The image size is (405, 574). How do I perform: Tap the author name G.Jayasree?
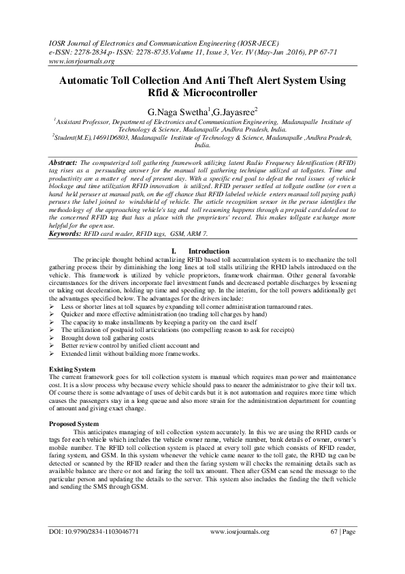point(233,110)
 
